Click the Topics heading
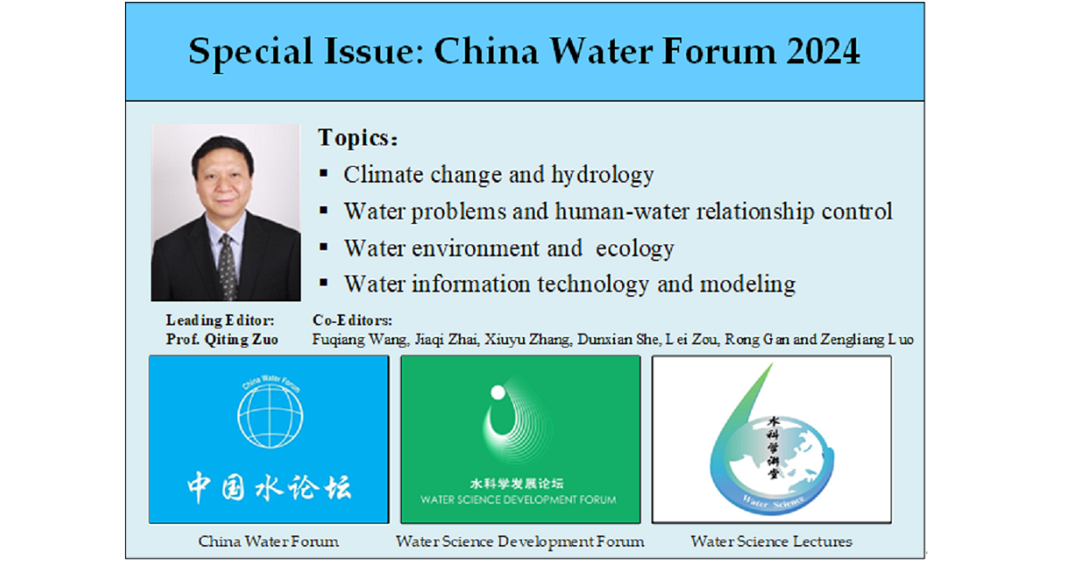tap(358, 138)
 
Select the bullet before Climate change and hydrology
tap(324, 173)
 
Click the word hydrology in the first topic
tap(602, 176)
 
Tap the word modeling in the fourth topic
tap(748, 285)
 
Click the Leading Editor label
tap(220, 320)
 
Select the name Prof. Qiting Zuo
tap(222, 339)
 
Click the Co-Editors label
tap(353, 320)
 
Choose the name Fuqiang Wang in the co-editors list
tap(360, 340)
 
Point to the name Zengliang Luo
tap(867, 340)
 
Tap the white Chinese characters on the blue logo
tap(270, 487)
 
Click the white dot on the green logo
tap(498, 393)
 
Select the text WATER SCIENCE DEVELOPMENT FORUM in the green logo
tap(519, 500)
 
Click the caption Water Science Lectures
tap(771, 541)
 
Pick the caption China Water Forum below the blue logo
tap(269, 541)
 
